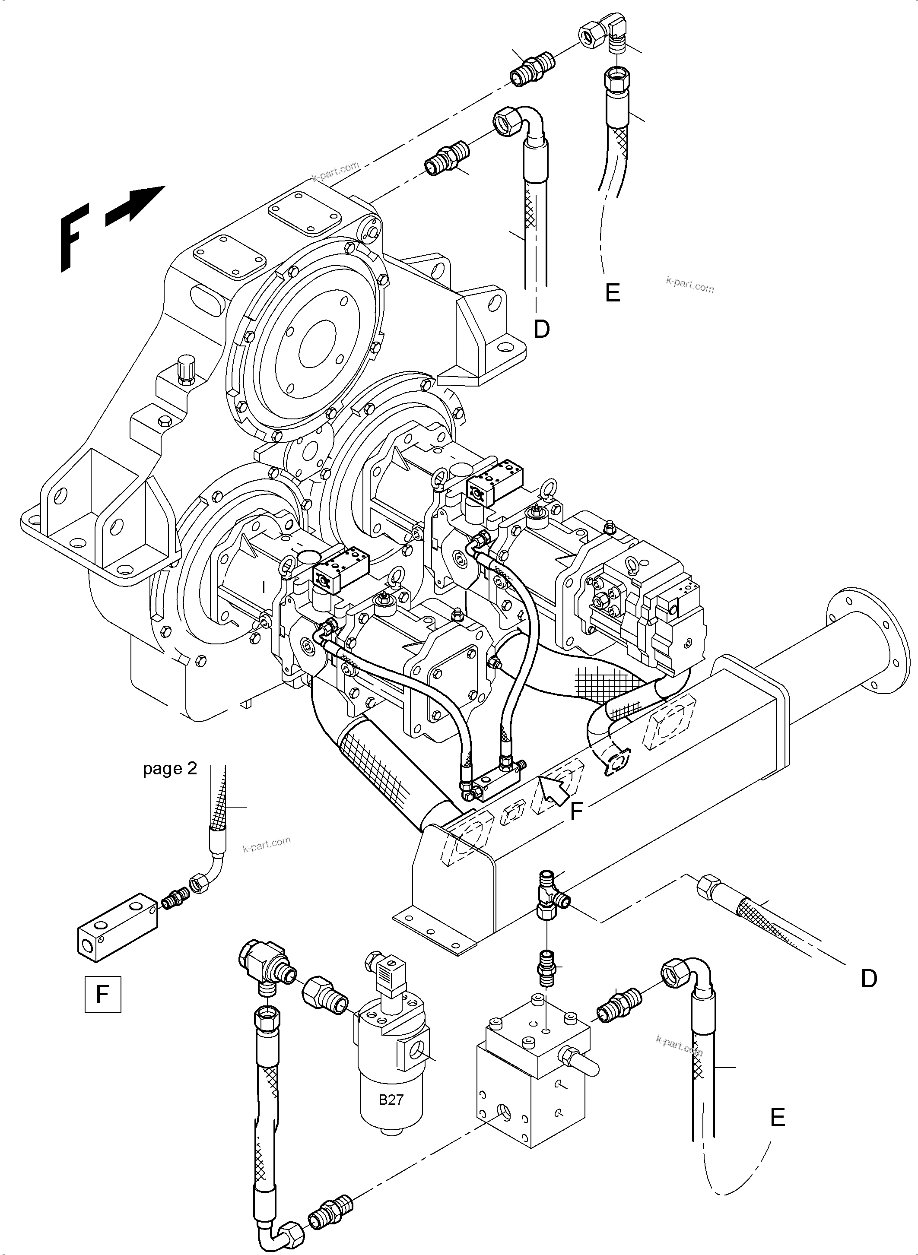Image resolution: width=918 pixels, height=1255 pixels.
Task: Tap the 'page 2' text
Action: [170, 768]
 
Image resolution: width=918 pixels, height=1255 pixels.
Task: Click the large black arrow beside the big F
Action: [135, 206]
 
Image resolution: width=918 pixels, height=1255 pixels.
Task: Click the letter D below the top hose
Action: [541, 329]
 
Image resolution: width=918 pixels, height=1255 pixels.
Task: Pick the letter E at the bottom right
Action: [778, 1117]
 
